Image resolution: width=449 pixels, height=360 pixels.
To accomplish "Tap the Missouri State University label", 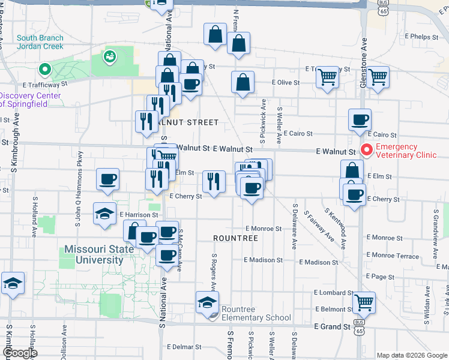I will coord(94,254).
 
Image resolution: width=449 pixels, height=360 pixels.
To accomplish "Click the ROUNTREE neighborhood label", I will coord(235,238).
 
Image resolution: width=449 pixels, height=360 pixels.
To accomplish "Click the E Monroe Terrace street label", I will coord(396,256).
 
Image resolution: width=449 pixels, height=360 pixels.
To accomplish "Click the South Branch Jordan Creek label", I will coord(40,42).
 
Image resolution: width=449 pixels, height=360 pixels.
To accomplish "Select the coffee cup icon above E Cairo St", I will coord(360,120).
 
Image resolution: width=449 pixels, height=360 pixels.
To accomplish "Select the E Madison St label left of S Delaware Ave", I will coord(263,260).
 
